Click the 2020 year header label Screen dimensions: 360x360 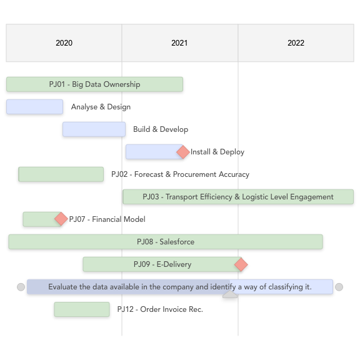click(64, 43)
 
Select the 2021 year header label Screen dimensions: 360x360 click(179, 43)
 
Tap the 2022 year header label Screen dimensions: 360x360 click(296, 43)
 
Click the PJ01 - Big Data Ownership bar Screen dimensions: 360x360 click(94, 84)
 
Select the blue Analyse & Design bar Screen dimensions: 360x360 click(34, 107)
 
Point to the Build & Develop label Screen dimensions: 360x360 click(161, 129)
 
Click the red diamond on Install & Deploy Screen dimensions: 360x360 click(183, 152)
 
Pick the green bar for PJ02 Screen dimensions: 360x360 click(61, 174)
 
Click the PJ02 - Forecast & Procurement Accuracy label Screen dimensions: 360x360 click(180, 174)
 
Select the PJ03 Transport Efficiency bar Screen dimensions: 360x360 click(238, 197)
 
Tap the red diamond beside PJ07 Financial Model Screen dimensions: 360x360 click(61, 219)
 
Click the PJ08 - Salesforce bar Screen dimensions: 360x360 click(166, 242)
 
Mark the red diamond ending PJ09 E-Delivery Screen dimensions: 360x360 click(241, 264)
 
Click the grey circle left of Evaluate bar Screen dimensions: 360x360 click(21, 287)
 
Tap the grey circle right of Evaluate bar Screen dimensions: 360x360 click(339, 287)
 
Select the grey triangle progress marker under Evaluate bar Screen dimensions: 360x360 click(230, 295)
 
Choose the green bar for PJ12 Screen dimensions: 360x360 click(82, 309)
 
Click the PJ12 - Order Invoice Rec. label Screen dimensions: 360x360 click(160, 309)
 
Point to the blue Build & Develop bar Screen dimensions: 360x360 click(94, 129)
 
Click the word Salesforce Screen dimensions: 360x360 click(177, 242)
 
